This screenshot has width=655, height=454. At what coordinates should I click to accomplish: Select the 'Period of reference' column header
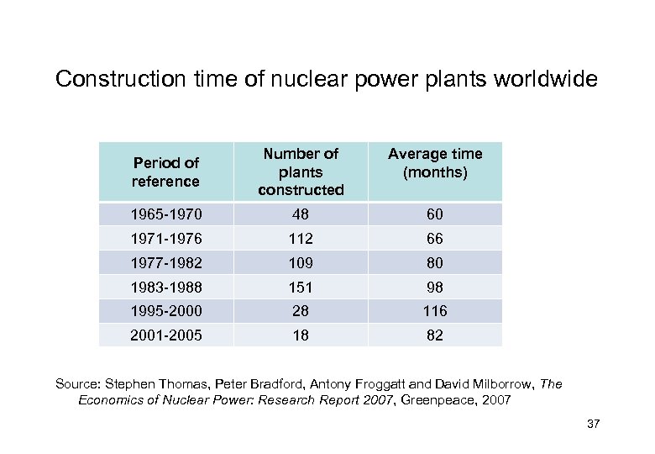point(165,172)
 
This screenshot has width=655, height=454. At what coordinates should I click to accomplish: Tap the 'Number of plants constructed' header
point(301,172)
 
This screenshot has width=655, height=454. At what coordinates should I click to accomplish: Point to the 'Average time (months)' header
point(434,162)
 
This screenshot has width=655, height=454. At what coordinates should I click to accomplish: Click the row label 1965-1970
point(167,214)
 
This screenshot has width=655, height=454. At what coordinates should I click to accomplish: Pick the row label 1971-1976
point(167,239)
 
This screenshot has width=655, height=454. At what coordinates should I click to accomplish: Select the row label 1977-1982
point(167,263)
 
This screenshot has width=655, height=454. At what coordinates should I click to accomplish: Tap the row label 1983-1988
point(167,288)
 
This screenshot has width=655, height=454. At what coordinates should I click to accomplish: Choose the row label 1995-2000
point(167,311)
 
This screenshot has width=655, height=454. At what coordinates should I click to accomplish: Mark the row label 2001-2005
point(167,335)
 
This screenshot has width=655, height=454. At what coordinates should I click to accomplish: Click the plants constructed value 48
point(301,214)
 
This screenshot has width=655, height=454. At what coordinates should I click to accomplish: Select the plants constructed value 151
point(301,288)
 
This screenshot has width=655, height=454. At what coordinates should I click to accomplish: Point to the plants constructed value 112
point(301,239)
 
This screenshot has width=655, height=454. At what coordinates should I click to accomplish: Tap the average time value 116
point(434,311)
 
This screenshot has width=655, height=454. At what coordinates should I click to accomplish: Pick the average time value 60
point(434,214)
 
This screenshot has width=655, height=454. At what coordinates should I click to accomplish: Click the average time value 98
point(434,288)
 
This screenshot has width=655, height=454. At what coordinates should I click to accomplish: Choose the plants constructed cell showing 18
point(301,335)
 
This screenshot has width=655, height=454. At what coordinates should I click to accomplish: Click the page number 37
point(593,424)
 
